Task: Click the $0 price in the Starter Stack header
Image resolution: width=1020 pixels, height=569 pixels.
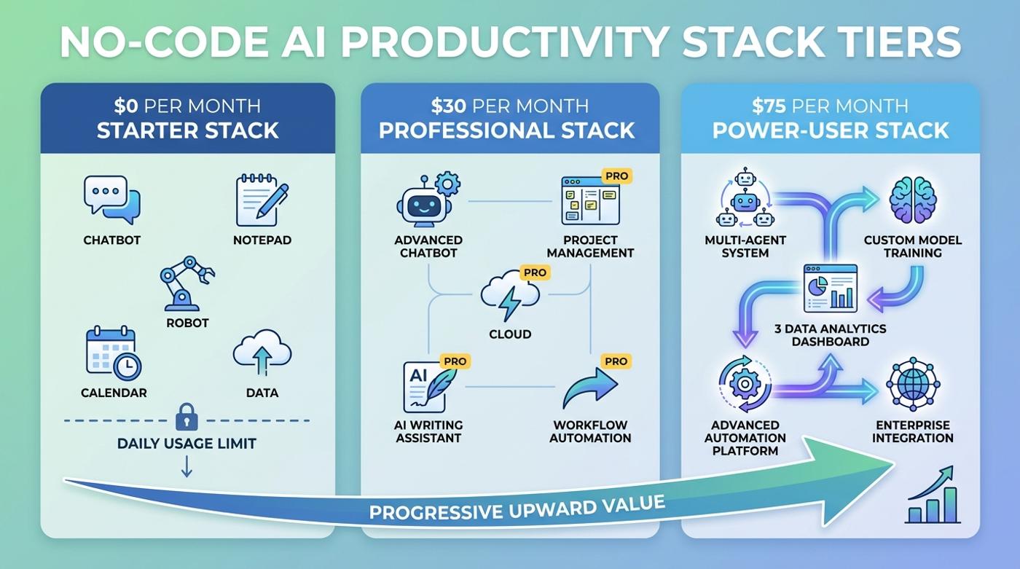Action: (x=127, y=106)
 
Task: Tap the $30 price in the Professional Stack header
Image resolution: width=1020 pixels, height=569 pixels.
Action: (x=446, y=106)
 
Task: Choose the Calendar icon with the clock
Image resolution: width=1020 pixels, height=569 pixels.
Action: (x=113, y=353)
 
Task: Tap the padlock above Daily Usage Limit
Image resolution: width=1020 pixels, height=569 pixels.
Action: (x=187, y=417)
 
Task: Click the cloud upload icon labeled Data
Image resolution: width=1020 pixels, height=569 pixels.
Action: (x=262, y=351)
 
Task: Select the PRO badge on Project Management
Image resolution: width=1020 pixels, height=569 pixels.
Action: (x=616, y=176)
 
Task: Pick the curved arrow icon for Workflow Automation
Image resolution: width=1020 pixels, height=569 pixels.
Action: (x=589, y=388)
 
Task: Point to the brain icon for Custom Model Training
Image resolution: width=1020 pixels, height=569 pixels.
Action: (x=912, y=199)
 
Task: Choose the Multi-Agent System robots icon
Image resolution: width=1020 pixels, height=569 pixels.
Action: (x=744, y=199)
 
